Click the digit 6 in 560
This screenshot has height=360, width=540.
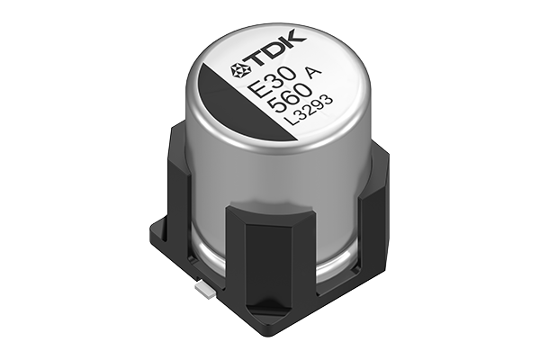[274, 111]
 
